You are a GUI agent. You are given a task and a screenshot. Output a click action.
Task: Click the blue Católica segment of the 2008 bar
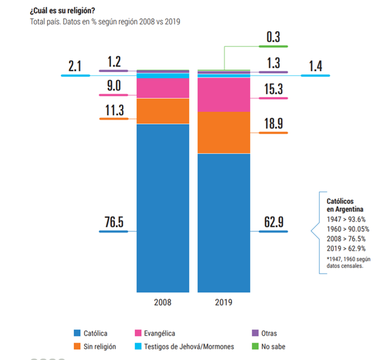pyautogui.click(x=163, y=207)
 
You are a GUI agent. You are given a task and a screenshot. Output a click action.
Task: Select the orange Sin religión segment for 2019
pyautogui.click(x=224, y=132)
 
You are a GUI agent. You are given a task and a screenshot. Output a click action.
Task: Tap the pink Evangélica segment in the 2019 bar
pyautogui.click(x=224, y=95)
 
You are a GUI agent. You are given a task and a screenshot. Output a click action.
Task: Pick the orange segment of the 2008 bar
pyautogui.click(x=163, y=111)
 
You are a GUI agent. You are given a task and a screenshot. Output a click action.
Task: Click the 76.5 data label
pyautogui.click(x=114, y=221)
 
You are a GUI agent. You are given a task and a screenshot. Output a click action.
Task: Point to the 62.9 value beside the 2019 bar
pyautogui.click(x=274, y=221)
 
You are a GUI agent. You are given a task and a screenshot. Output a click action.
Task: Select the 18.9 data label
pyautogui.click(x=274, y=123)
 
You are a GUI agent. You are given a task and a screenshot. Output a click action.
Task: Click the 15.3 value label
pyautogui.click(x=274, y=89)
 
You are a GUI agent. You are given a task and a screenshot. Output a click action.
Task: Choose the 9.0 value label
pyautogui.click(x=114, y=86)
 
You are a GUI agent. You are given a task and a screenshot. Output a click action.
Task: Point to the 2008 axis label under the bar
pyautogui.click(x=163, y=302)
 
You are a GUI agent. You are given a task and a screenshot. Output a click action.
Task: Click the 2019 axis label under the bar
pyautogui.click(x=224, y=302)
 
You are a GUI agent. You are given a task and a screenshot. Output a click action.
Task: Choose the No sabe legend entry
pyautogui.click(x=271, y=347)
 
